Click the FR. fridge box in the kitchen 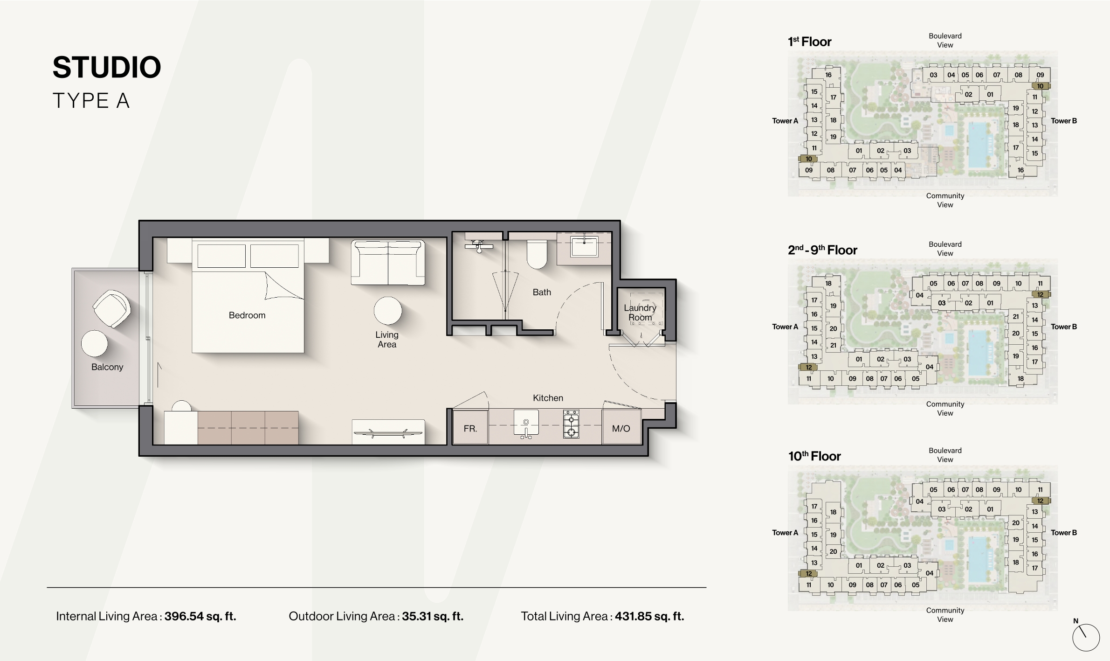(470, 427)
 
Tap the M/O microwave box (621, 427)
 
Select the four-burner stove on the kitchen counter (571, 424)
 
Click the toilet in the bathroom (537, 254)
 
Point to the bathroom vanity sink (584, 246)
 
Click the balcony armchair (111, 309)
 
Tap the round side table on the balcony (94, 344)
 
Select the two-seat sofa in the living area (388, 263)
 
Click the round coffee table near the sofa (387, 311)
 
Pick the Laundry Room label (640, 313)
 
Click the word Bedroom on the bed (247, 315)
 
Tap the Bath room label (542, 292)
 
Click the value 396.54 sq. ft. (200, 616)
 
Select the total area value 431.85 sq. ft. (649, 616)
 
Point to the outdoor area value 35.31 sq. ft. (433, 616)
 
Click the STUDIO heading (107, 67)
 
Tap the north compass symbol (1086, 637)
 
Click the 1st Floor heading (809, 42)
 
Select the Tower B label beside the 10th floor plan (1064, 533)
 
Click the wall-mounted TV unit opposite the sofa (388, 432)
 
